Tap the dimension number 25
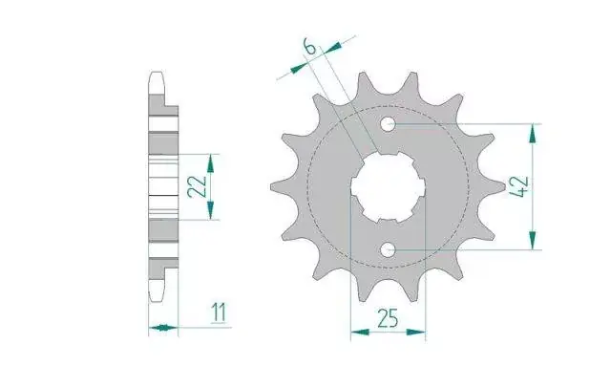[x=388, y=318]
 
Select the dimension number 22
[x=197, y=186]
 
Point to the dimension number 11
[x=219, y=312]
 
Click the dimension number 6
[x=309, y=47]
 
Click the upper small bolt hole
[x=388, y=125]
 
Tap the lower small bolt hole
[x=388, y=249]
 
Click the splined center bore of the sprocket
[x=389, y=187]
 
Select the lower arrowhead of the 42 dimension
[x=533, y=240]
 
